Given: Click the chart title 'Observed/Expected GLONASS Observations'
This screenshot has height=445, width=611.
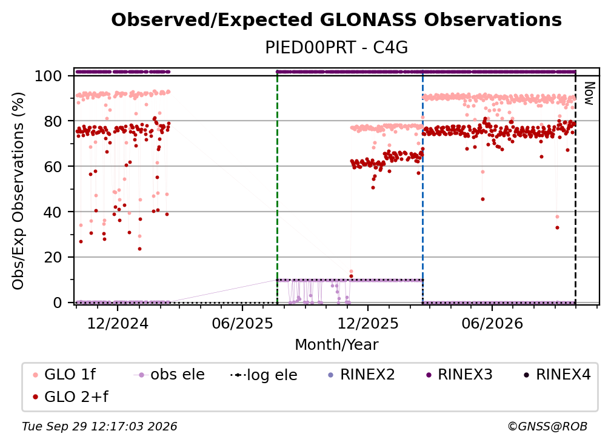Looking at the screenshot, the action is pos(336,20).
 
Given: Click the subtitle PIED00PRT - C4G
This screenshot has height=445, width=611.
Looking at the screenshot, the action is pos(336,47).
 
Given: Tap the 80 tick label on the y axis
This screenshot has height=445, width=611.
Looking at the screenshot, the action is pos(53,121).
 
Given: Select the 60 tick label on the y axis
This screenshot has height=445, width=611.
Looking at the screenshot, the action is pos(53,167).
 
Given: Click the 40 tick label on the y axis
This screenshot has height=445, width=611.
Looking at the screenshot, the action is pos(53,212).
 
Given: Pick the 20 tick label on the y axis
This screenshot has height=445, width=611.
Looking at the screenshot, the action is pos(53,257).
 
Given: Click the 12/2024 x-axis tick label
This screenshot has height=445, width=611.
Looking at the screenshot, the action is pos(118,323).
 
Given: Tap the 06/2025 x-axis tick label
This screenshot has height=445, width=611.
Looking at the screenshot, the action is pos(242,323).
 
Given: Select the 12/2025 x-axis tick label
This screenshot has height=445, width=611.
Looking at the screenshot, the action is pos(368,323).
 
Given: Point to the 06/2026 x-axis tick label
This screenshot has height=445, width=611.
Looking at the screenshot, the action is pos(492,323).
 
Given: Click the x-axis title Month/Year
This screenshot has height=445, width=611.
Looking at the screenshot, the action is pos(336,345).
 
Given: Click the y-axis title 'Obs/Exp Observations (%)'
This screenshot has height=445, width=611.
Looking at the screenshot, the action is pos(18,190).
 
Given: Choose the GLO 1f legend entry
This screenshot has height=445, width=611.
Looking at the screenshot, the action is pos(64,375).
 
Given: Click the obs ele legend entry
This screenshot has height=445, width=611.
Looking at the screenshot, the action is pos(169,375).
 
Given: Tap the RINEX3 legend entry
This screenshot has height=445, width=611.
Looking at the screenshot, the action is pos(459,375).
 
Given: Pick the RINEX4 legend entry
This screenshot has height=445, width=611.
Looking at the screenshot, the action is pos(557,375).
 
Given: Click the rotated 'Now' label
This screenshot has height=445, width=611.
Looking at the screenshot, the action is pos(589,93).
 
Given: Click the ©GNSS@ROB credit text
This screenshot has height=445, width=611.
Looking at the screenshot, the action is pos(547,426).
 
